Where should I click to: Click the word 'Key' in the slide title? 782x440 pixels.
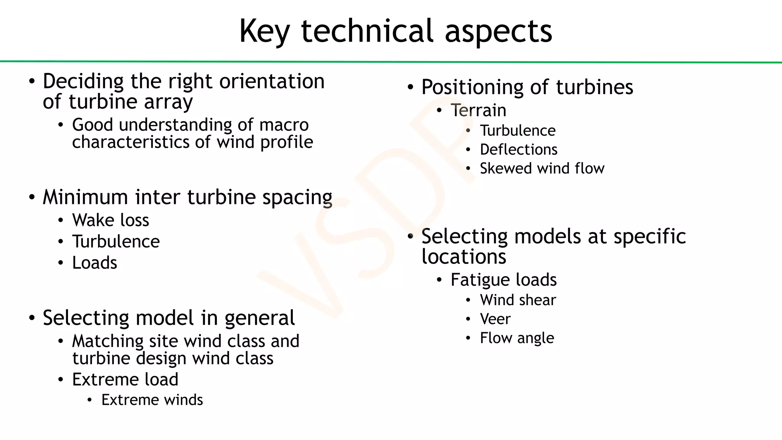pos(264,31)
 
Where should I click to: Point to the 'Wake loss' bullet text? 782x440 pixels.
pos(110,220)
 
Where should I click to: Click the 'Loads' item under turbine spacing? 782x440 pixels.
pos(94,263)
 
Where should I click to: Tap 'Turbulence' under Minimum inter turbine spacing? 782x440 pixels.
pos(116,242)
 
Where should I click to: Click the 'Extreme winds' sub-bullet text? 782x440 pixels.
pos(152,400)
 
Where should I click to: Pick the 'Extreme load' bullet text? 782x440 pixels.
pos(125,380)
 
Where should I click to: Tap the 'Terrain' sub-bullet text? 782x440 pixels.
pos(478,111)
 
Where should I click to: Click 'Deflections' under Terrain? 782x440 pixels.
pos(518,150)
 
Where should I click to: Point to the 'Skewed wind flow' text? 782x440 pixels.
pos(542,168)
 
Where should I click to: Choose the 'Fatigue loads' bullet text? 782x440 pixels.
pos(503,280)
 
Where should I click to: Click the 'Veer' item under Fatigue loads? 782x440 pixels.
pos(495,319)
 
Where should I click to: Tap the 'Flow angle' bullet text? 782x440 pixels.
pos(517,338)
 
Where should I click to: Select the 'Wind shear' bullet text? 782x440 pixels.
pos(517,300)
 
